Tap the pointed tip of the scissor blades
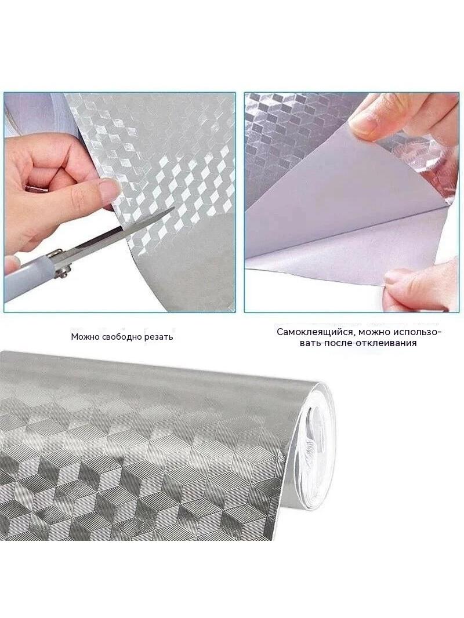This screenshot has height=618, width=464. (173, 209)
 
